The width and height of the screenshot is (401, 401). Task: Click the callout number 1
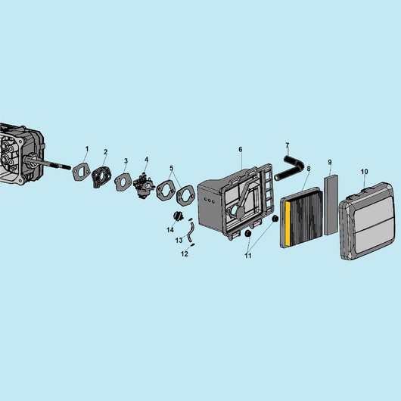click(x=87, y=149)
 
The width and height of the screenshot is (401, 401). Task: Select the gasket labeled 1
click(x=82, y=172)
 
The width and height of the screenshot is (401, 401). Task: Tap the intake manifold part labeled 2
click(x=102, y=177)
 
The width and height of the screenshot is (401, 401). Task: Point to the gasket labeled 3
click(x=123, y=182)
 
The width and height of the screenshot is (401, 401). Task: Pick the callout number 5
click(x=171, y=168)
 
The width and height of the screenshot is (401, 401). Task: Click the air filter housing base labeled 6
click(x=235, y=202)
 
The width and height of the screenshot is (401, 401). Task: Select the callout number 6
click(x=241, y=149)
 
